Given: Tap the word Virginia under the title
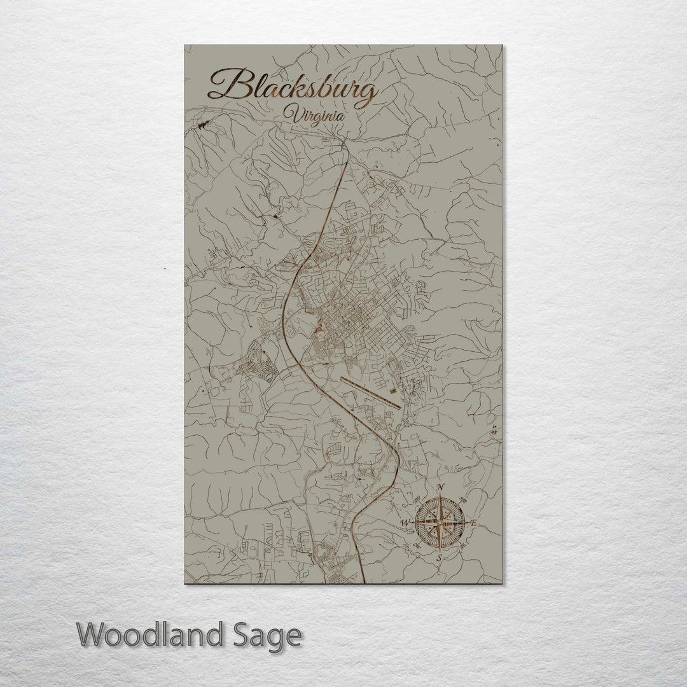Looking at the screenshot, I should (315, 116).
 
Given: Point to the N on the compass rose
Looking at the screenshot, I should (441, 488).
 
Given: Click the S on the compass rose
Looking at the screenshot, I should (439, 558).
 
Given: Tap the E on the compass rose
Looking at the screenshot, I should (473, 523).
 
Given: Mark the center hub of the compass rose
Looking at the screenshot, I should (440, 523).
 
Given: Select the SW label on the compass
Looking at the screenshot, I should (417, 545).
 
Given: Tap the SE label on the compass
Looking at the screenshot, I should (462, 545).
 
